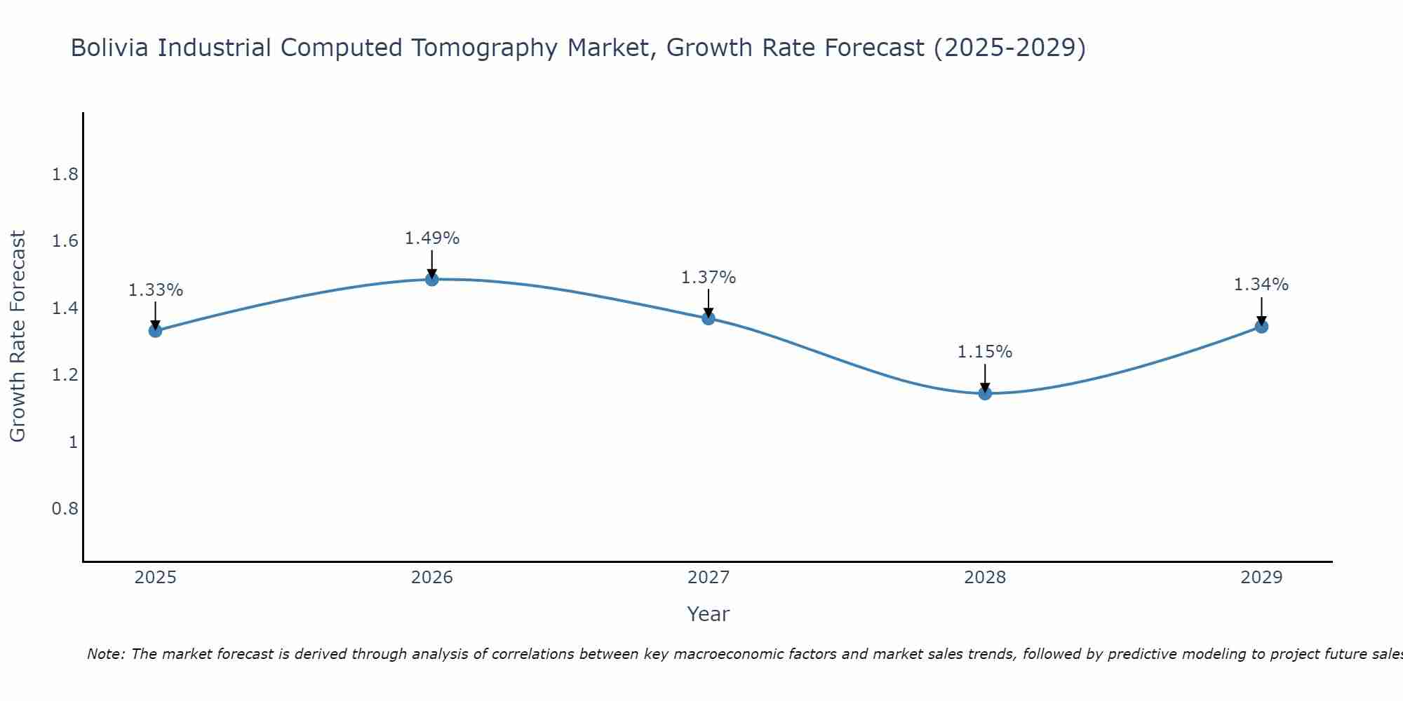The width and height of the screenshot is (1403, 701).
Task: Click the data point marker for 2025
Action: pyautogui.click(x=155, y=331)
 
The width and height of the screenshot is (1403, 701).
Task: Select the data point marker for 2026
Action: pyautogui.click(x=432, y=280)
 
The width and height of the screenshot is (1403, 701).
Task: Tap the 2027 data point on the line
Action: pyautogui.click(x=709, y=318)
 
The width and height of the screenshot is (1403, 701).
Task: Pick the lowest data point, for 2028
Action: pyautogui.click(x=985, y=393)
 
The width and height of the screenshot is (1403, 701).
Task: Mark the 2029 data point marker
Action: pyautogui.click(x=1261, y=327)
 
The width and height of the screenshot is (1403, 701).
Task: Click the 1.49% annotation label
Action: pyautogui.click(x=432, y=238)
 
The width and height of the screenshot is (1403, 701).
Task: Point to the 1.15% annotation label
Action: pyautogui.click(x=985, y=352)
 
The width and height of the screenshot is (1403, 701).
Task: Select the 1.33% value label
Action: pyautogui.click(x=156, y=290)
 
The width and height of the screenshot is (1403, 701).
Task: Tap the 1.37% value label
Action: pyautogui.click(x=709, y=278)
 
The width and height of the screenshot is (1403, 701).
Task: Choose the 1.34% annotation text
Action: pyautogui.click(x=1261, y=285)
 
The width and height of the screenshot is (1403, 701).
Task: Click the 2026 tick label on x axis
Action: pyautogui.click(x=432, y=578)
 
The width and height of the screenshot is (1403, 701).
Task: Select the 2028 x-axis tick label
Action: pyautogui.click(x=985, y=578)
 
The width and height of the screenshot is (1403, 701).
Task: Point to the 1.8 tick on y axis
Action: pyautogui.click(x=65, y=175)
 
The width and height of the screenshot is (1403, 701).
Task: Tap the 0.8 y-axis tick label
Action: pyautogui.click(x=65, y=509)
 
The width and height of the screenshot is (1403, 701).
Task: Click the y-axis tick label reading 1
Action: pyautogui.click(x=73, y=442)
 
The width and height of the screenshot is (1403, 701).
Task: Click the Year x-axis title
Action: pyautogui.click(x=709, y=614)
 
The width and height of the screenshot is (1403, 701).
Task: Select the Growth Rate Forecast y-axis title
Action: pyautogui.click(x=18, y=336)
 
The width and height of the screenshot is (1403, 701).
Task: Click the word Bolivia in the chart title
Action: pyautogui.click(x=111, y=48)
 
